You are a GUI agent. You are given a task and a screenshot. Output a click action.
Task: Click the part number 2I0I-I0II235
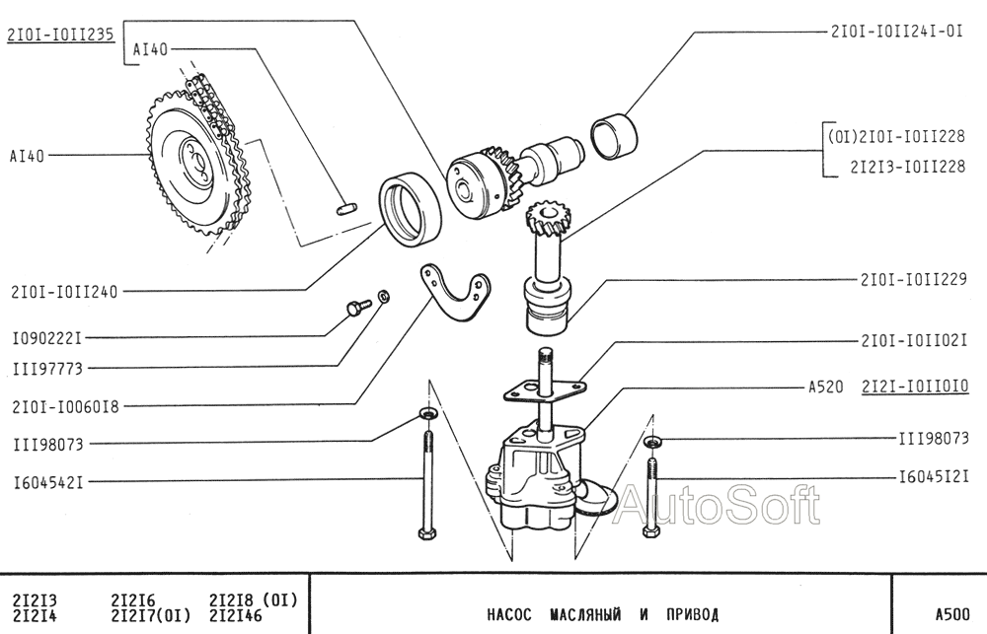click(x=61, y=35)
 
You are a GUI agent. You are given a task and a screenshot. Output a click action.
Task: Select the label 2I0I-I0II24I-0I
click(x=896, y=32)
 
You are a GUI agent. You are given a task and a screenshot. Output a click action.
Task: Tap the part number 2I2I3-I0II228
click(x=907, y=166)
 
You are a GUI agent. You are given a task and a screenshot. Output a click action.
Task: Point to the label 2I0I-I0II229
click(x=913, y=279)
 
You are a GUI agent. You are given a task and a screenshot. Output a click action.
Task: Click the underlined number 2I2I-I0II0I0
click(x=915, y=386)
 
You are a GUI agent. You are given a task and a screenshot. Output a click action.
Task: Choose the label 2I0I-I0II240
click(x=64, y=292)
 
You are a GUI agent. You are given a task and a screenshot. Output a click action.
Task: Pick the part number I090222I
click(x=47, y=338)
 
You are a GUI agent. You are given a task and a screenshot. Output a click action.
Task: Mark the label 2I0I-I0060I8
click(x=65, y=407)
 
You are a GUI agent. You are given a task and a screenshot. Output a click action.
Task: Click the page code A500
click(x=952, y=614)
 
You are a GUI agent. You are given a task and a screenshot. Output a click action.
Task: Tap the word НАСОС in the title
click(x=509, y=614)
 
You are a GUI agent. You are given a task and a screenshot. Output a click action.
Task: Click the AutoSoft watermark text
click(x=717, y=505)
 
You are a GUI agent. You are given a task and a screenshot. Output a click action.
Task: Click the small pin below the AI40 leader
click(x=345, y=208)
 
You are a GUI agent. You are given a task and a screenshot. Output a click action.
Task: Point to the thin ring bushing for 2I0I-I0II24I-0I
click(x=614, y=136)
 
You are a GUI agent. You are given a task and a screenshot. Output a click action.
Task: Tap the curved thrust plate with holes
click(x=454, y=292)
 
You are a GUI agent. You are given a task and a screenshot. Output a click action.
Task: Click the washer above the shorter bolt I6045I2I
click(x=652, y=442)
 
